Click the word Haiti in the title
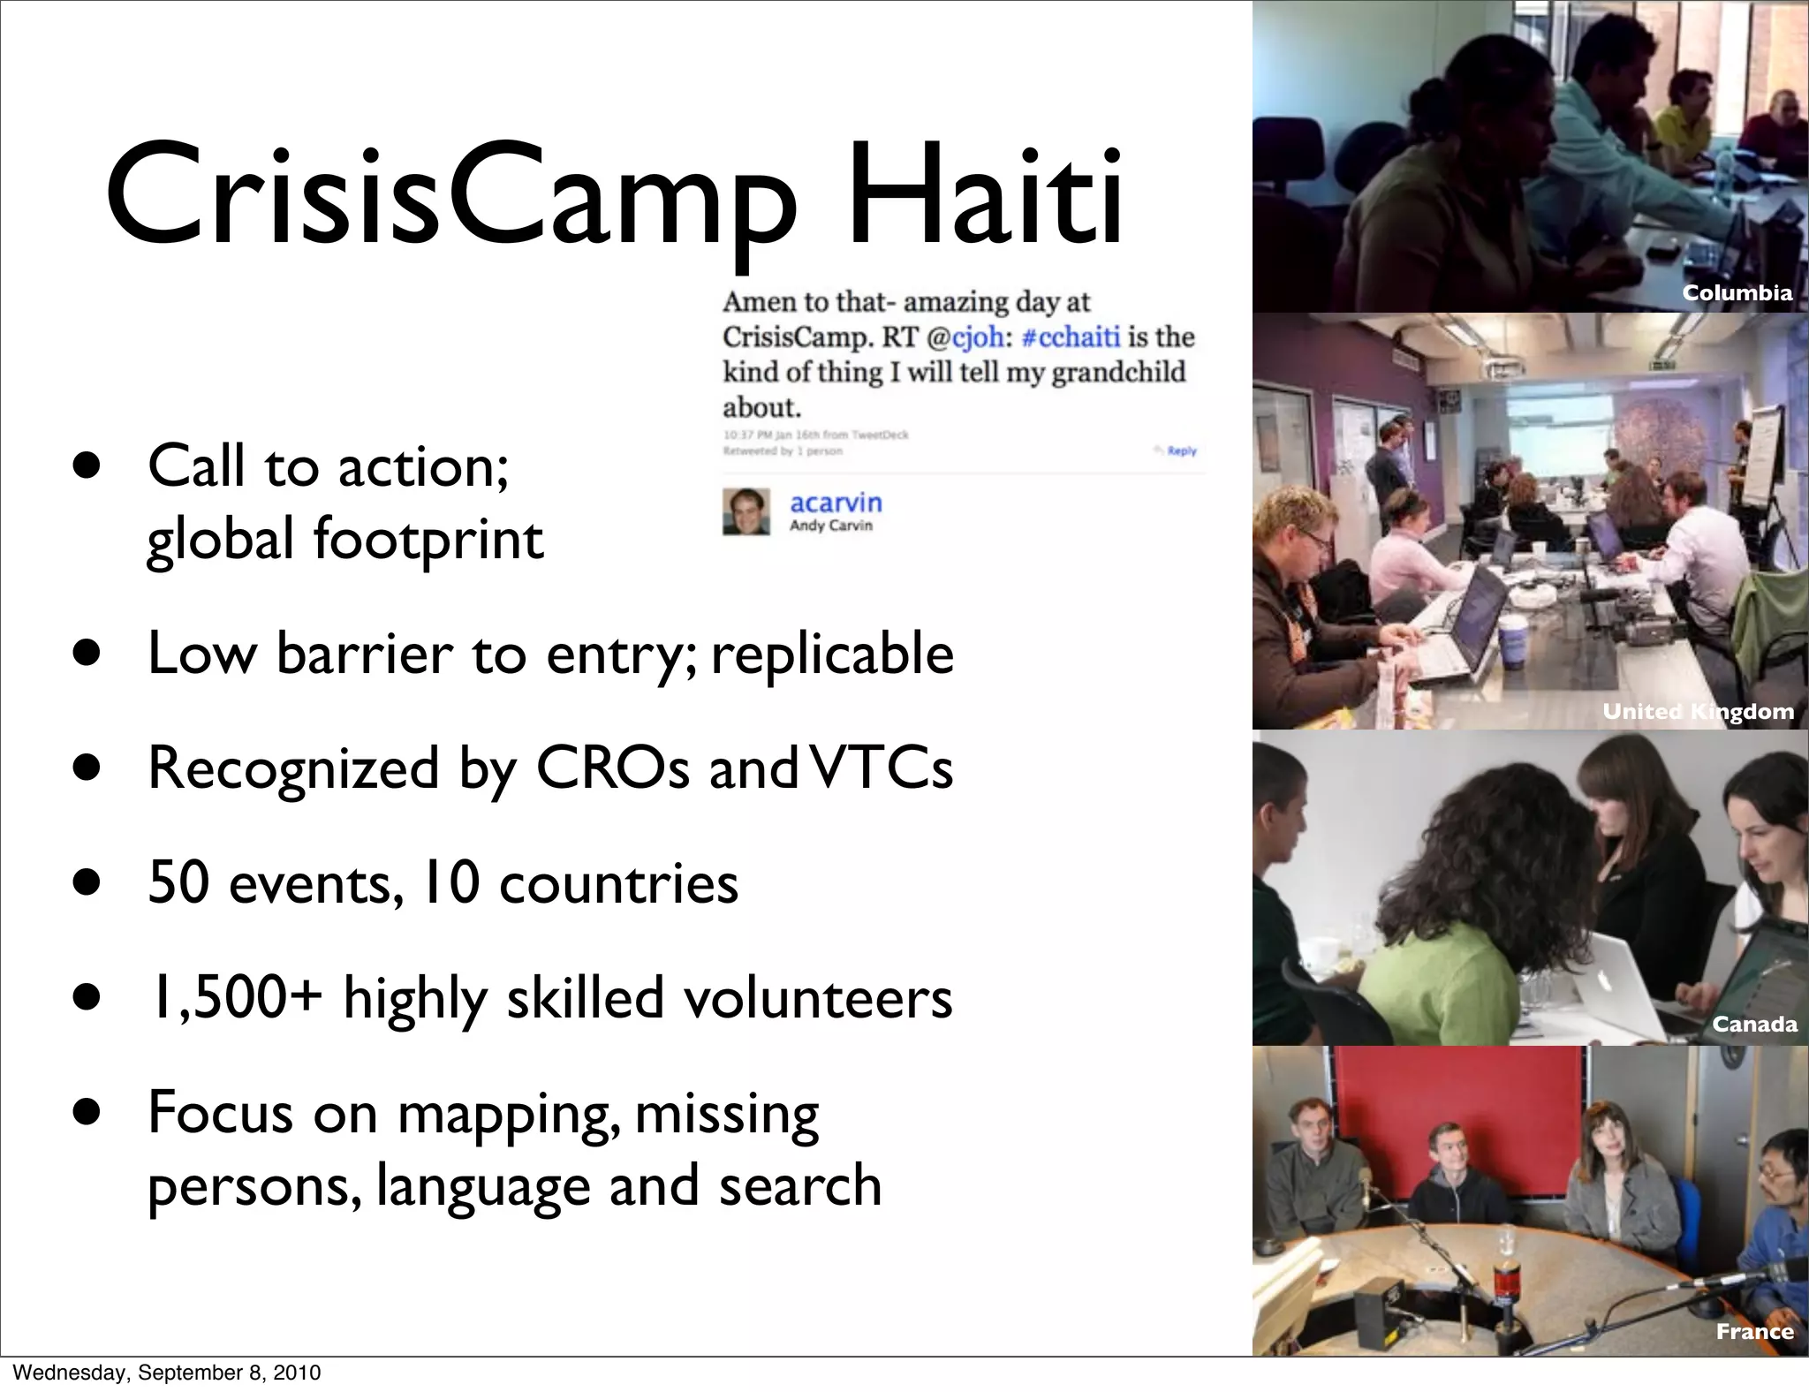(x=984, y=198)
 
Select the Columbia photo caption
(x=1737, y=293)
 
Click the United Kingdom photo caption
(x=1698, y=711)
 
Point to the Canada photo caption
(x=1754, y=1024)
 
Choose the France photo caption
(x=1754, y=1331)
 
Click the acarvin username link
(x=836, y=503)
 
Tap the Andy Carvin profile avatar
(x=746, y=511)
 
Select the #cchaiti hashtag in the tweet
(x=1071, y=337)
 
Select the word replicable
(x=832, y=654)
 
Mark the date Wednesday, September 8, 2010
(x=167, y=1373)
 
